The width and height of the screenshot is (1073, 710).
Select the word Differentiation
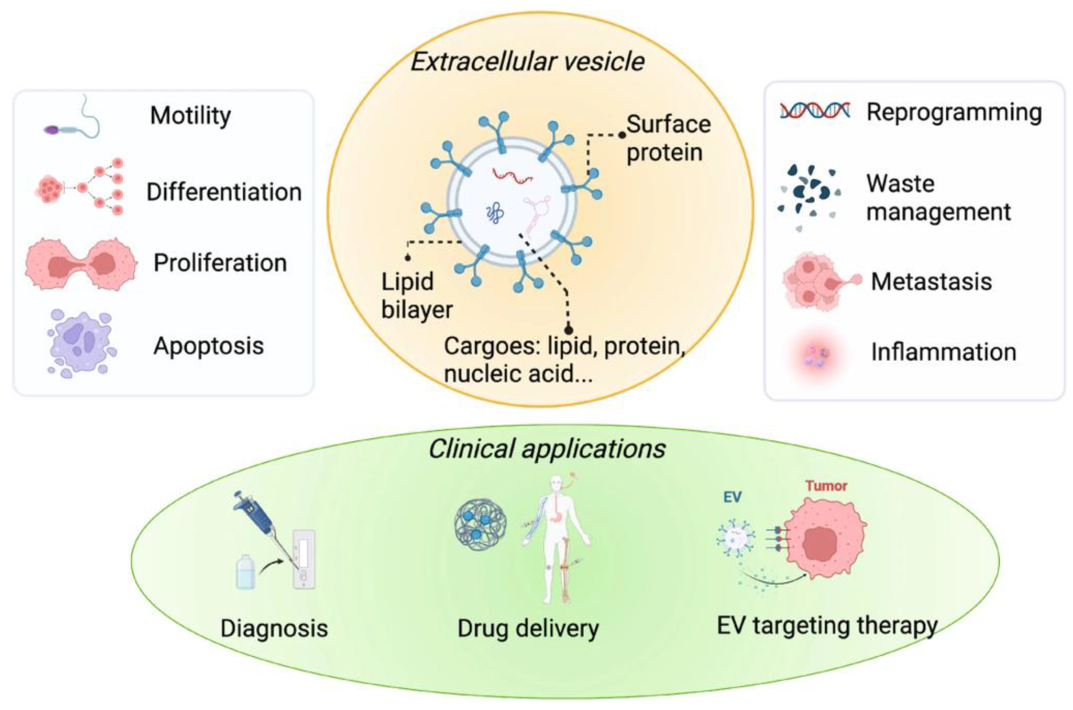click(x=224, y=192)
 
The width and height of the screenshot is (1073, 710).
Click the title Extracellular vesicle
click(x=527, y=61)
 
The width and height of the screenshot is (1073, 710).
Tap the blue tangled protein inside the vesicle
click(x=495, y=213)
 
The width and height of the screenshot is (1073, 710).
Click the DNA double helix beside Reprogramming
click(x=815, y=111)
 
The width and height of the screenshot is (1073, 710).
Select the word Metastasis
click(x=931, y=282)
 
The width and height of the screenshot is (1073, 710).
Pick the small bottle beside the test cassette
click(x=245, y=573)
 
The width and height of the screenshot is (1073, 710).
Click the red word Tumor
click(x=826, y=486)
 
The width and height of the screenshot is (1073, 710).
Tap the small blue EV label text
click(x=732, y=497)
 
